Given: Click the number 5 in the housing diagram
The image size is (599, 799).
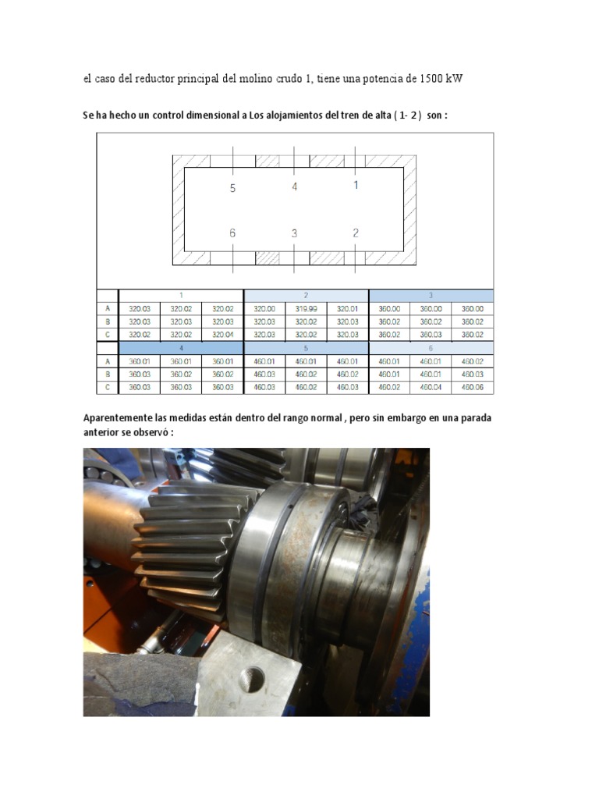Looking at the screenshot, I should (232, 188).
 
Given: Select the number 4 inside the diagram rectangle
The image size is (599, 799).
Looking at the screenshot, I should (294, 186).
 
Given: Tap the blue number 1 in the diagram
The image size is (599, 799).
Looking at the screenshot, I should (356, 185).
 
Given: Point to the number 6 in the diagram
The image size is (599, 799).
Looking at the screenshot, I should (232, 233).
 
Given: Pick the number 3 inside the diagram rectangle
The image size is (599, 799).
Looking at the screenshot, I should (294, 233).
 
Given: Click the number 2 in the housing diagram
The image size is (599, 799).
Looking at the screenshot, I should (356, 233).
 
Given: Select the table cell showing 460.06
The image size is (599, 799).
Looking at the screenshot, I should (472, 387).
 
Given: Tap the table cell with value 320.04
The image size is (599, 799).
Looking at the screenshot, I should (223, 335).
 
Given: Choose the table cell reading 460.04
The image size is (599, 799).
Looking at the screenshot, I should (431, 387).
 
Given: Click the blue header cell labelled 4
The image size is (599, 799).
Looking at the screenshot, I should (181, 348).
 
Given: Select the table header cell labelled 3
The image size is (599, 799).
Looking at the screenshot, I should (431, 296).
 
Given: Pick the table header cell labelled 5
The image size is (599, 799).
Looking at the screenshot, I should (306, 348).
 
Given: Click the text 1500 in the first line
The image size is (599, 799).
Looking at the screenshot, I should (432, 79).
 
